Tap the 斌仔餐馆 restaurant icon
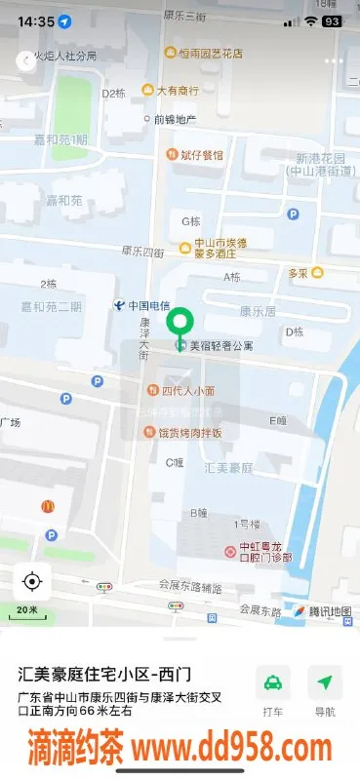tap(172, 154)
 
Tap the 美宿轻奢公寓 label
tap(220, 345)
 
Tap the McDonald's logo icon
tap(46, 507)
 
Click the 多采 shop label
tap(299, 273)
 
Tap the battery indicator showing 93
tap(332, 20)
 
